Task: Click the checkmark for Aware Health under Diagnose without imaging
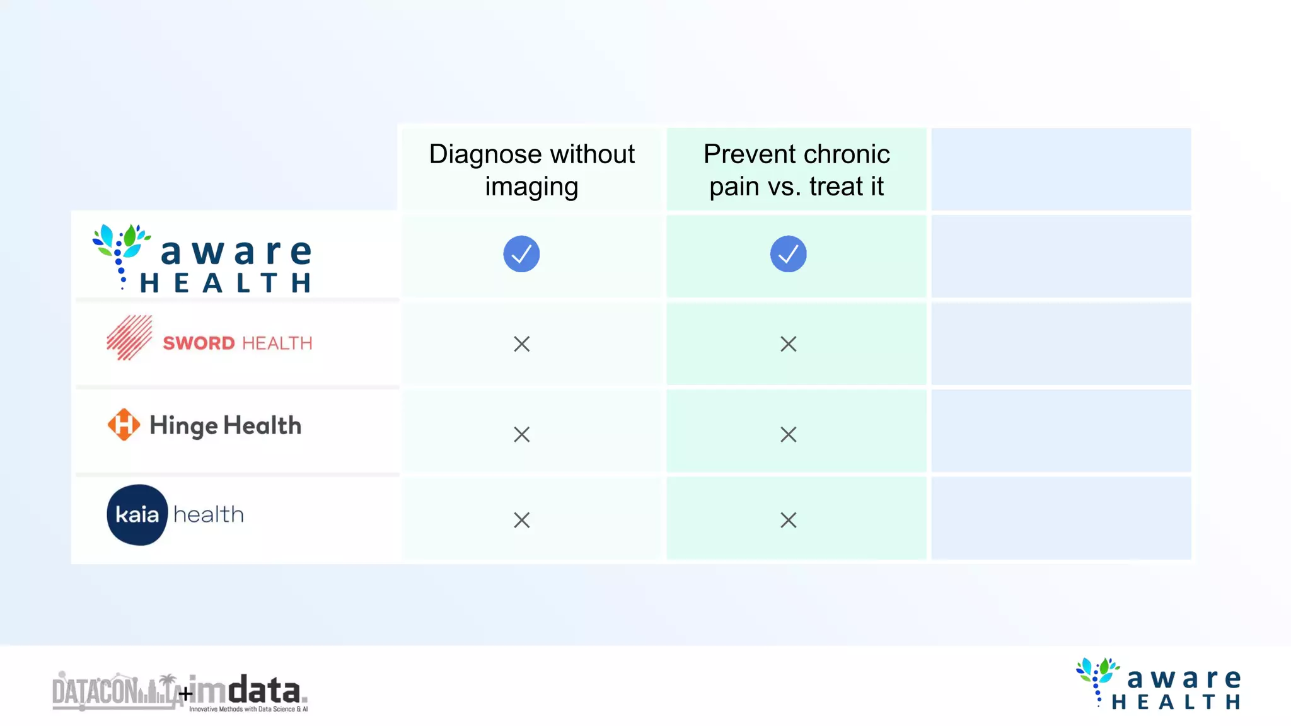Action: click(521, 254)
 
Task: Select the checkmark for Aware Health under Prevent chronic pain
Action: click(788, 254)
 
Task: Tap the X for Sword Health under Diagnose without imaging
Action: click(521, 344)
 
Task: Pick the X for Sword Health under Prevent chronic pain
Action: click(788, 344)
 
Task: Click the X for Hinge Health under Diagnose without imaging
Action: click(521, 434)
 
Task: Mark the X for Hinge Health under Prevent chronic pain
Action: click(788, 434)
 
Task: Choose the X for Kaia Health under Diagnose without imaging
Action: click(521, 520)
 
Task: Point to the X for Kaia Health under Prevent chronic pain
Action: click(788, 520)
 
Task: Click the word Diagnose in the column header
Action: click(485, 155)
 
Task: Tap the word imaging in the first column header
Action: click(531, 187)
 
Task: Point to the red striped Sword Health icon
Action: click(129, 338)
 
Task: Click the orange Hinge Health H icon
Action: click(124, 425)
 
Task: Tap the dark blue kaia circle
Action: click(137, 515)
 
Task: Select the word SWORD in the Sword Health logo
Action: click(199, 343)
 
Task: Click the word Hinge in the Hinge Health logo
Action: click(183, 427)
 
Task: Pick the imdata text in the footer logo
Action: click(246, 692)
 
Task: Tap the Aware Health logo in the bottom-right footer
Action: click(1159, 684)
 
